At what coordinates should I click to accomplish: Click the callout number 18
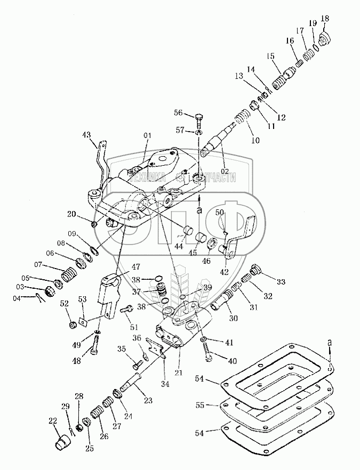(x=324, y=18)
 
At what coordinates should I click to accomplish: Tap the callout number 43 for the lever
(x=86, y=135)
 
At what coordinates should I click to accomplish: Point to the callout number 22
(x=52, y=420)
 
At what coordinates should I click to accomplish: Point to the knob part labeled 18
(x=325, y=38)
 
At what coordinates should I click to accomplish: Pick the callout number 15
(x=270, y=55)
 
